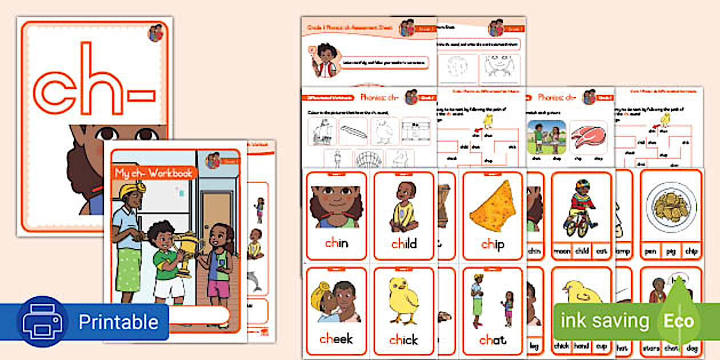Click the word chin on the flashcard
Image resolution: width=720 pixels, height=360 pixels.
[337, 244]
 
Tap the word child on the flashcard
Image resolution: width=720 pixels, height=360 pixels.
[404, 244]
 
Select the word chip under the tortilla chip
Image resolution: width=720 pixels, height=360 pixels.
[493, 244]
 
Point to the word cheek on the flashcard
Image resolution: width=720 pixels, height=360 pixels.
[336, 339]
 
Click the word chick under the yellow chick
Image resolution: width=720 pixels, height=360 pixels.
[403, 340]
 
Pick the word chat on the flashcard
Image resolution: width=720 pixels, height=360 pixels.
[493, 340]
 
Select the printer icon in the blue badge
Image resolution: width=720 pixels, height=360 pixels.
[38, 322]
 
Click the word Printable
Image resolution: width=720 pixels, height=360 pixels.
[118, 322]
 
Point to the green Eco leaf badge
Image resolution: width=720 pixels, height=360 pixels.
[678, 321]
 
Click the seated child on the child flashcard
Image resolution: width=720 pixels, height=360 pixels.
[403, 206]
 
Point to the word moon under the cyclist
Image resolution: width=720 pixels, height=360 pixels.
[562, 251]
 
